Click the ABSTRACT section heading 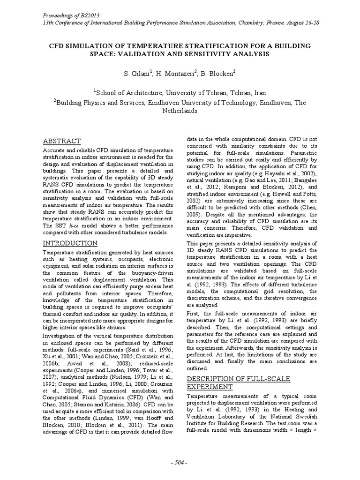click(x=62, y=141)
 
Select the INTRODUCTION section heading click(x=70, y=243)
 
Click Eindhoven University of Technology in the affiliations click(x=220, y=103)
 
